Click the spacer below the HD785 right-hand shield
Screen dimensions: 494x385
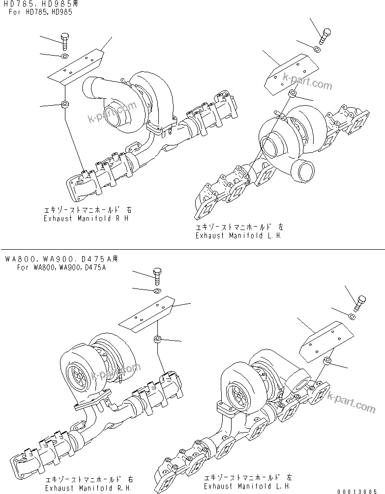(x=64, y=104)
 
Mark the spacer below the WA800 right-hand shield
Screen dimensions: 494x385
(x=157, y=339)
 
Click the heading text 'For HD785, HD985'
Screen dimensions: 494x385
(x=40, y=12)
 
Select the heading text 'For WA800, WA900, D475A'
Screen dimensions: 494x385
(x=61, y=267)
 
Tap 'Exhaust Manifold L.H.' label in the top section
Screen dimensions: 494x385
(x=239, y=235)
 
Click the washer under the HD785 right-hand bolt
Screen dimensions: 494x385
(x=64, y=57)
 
